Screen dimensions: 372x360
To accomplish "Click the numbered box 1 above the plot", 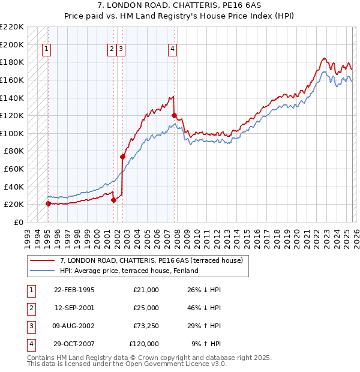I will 47,50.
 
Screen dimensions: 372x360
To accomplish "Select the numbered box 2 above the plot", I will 112,50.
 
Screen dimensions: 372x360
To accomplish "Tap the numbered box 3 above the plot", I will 121,50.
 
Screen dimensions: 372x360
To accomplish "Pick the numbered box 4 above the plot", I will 172,50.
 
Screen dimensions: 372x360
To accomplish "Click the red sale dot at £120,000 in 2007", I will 174,115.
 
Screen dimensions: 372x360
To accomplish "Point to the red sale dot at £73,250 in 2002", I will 122,157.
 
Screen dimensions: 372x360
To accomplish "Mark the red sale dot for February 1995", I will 48,203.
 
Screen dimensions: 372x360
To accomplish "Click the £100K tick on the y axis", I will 13,133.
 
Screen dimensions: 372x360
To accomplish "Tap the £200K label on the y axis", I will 13,44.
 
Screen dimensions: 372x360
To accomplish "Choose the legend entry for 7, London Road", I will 151,261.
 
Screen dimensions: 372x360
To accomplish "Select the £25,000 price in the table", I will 146,308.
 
